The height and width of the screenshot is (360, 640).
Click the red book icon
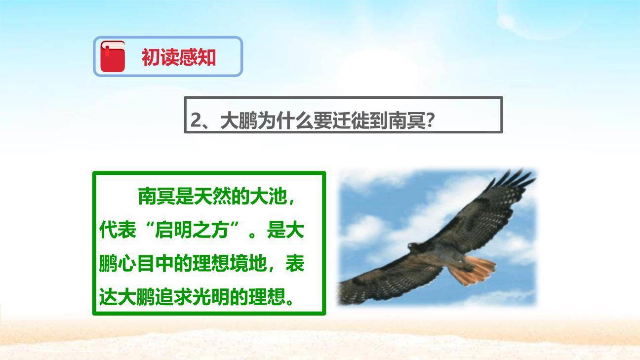pyautogui.click(x=113, y=56)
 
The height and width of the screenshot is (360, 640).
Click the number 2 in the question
pyautogui.click(x=196, y=120)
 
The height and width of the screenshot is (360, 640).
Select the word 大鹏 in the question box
pyautogui.click(x=239, y=120)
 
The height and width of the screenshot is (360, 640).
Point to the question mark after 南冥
pyautogui.click(x=430, y=120)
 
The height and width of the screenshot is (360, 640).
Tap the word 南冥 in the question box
pyautogui.click(x=407, y=120)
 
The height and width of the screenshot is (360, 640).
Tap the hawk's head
pyautogui.click(x=414, y=246)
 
